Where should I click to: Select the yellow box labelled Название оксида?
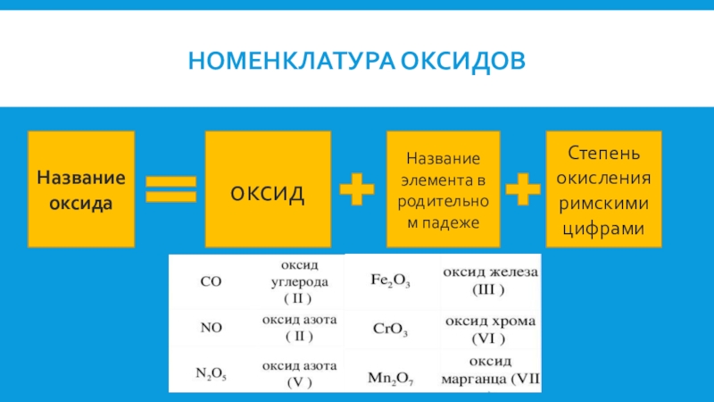point(81,188)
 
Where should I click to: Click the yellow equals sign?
point(170,188)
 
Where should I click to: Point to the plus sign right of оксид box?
point(356,189)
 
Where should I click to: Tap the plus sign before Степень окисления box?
point(521,189)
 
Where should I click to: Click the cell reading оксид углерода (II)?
point(299,281)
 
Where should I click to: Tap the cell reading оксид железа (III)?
point(489,281)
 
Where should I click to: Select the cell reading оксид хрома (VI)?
point(489,329)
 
